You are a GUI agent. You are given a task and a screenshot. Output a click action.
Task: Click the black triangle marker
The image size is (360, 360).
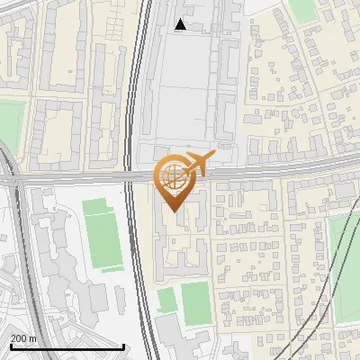pos(181,25)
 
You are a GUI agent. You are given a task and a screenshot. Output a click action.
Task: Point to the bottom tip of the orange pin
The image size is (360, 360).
pos(174,211)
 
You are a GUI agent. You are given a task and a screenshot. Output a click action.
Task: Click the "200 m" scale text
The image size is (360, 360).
pos(23,338)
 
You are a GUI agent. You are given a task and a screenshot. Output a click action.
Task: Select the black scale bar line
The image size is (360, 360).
pos(67,346)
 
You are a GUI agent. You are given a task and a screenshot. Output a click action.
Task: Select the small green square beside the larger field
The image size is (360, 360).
pos(166,299)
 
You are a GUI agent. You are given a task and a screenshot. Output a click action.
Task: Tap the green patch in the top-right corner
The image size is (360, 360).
pos(304,11)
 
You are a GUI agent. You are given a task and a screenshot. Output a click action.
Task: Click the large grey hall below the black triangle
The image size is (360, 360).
pos(184,85)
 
